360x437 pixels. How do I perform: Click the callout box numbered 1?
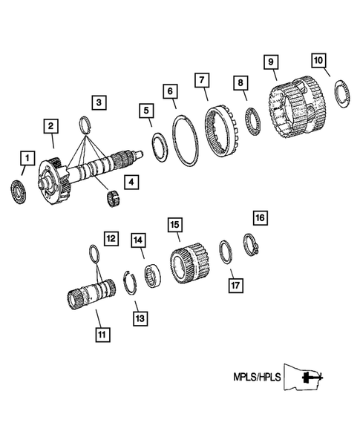coord(27,158)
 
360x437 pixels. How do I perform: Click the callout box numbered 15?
coord(174,225)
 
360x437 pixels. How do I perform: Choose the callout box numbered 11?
coord(101,334)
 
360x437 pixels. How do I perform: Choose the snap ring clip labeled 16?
coord(251,243)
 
